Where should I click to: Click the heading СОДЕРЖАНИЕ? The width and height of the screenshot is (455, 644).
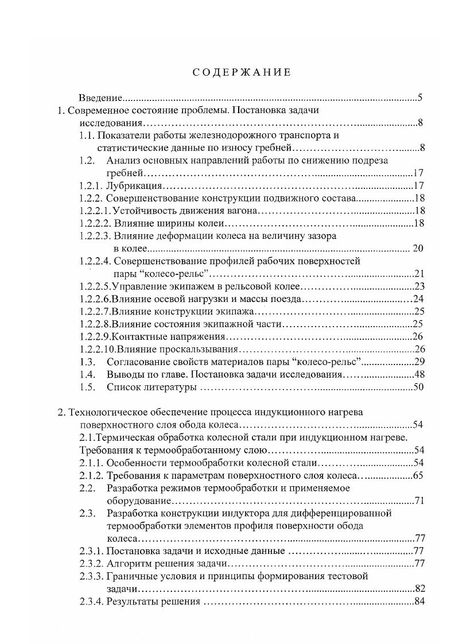click(240, 72)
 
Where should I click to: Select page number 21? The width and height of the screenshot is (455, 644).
click(418, 274)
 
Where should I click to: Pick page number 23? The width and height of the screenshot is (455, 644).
click(418, 286)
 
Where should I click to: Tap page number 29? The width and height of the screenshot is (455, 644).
click(418, 362)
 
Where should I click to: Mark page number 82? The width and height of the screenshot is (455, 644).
click(418, 589)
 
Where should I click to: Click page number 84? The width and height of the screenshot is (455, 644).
click(418, 602)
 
